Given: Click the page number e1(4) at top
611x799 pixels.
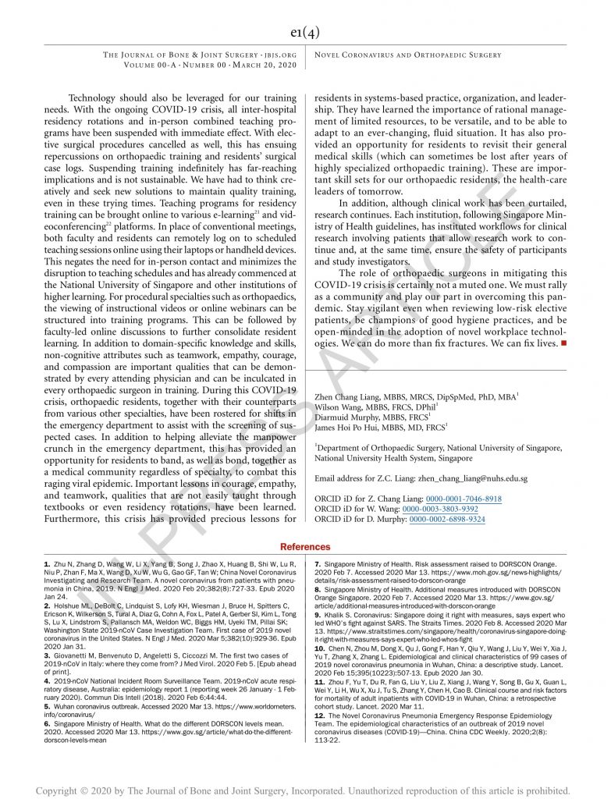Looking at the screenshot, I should [x=305, y=32].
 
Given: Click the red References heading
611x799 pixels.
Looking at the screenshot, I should [x=305, y=547].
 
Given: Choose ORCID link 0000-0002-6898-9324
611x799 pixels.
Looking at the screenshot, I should [x=447, y=519].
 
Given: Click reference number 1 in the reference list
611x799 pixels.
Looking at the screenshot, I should [x=47, y=563].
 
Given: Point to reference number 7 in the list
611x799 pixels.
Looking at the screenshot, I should [x=318, y=563].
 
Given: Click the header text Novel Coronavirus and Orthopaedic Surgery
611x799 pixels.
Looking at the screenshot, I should [x=407, y=55].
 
